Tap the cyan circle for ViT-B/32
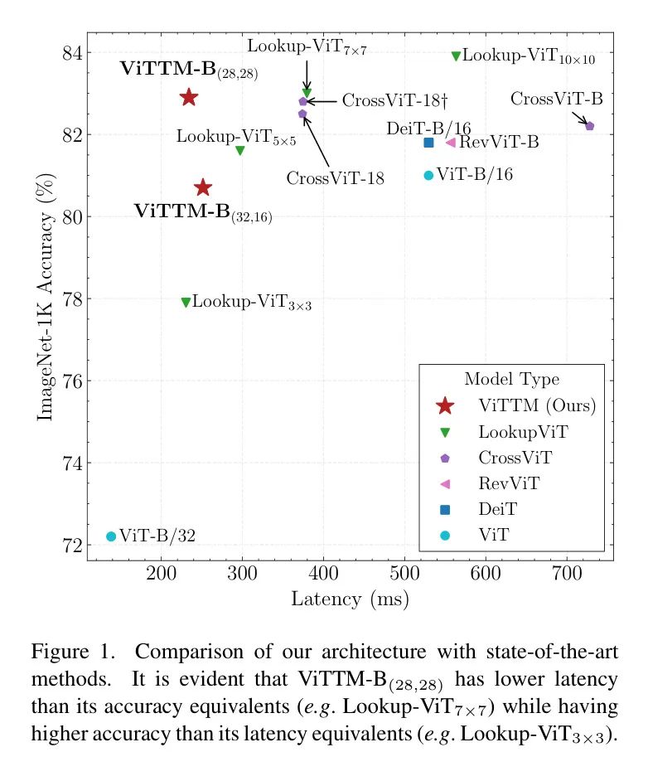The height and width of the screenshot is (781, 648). [111, 536]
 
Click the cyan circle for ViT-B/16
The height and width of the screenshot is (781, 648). [428, 175]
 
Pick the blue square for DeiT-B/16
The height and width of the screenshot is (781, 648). [428, 143]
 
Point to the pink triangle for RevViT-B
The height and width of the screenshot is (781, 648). [451, 143]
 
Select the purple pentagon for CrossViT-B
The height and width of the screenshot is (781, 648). [589, 126]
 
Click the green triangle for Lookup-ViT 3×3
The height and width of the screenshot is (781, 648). [186, 303]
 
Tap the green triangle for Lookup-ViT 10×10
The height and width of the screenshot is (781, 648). [456, 56]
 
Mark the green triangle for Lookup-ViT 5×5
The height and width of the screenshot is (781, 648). [240, 150]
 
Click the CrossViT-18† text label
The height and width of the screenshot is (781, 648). [395, 101]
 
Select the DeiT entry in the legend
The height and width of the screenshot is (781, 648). [495, 510]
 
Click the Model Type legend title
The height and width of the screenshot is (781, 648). [511, 380]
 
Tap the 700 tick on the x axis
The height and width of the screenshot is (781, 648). [566, 574]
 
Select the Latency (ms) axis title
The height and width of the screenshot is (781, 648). [349, 599]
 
